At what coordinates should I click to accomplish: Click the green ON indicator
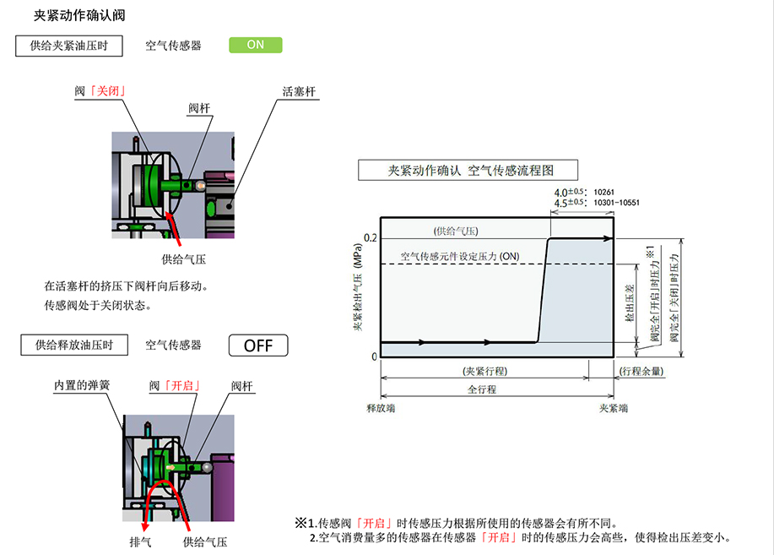click(x=255, y=46)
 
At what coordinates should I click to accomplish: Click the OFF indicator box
click(x=258, y=345)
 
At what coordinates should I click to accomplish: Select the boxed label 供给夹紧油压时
click(x=68, y=46)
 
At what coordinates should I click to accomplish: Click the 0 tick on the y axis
click(x=374, y=356)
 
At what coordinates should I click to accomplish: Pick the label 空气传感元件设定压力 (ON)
click(x=460, y=256)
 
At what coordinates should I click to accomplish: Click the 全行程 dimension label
click(x=482, y=389)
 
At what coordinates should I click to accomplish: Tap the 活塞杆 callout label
click(x=300, y=91)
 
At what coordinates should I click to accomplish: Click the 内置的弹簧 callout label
click(x=82, y=385)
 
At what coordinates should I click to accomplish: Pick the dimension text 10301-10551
click(x=617, y=203)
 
